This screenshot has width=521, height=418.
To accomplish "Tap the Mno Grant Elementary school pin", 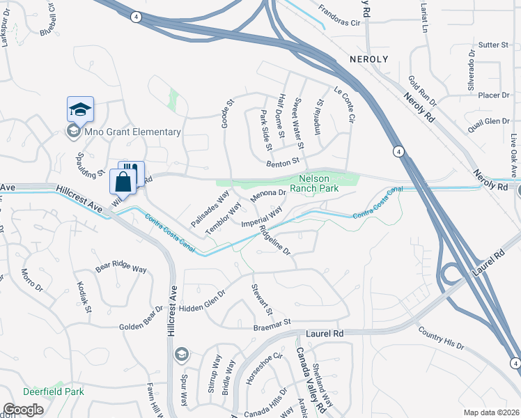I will pos(80,110).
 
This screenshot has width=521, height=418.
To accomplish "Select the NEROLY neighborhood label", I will pos(368,59).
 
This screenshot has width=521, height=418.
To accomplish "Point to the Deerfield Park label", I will pos(54,392).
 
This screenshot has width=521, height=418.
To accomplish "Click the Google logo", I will pos(23,410).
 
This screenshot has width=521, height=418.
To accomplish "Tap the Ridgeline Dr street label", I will pos(274,240).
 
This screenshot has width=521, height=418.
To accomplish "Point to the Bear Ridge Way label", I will pos(121,268).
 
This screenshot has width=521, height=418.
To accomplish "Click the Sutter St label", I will pos(495,45).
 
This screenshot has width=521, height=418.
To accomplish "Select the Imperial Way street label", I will pos(262,216).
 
